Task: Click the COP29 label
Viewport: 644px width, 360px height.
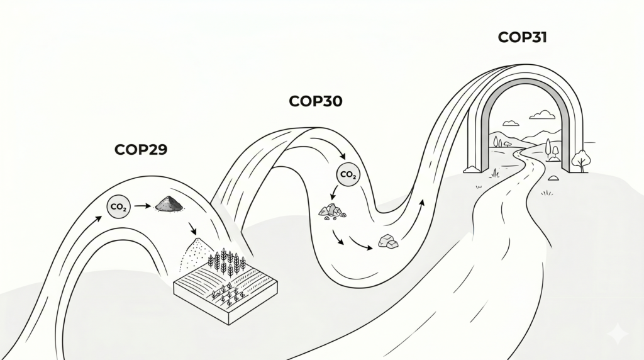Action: (141, 150)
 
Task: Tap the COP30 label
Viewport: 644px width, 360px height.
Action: (316, 101)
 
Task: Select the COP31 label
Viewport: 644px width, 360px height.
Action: (522, 37)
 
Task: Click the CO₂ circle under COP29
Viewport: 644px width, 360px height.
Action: (118, 206)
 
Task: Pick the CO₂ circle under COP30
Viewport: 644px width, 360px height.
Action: (348, 175)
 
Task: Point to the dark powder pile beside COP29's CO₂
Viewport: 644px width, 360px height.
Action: (169, 203)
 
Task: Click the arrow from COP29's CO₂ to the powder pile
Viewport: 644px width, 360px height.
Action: (143, 205)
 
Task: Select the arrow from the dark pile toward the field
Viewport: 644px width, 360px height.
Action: (192, 228)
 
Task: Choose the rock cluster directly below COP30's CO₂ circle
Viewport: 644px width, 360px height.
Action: (332, 211)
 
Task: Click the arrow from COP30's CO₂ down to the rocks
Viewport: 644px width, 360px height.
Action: (333, 193)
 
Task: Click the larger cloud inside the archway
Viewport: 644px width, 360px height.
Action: (541, 115)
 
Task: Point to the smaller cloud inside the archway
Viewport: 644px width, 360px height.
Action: (511, 123)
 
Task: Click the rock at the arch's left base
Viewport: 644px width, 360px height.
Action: (472, 169)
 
